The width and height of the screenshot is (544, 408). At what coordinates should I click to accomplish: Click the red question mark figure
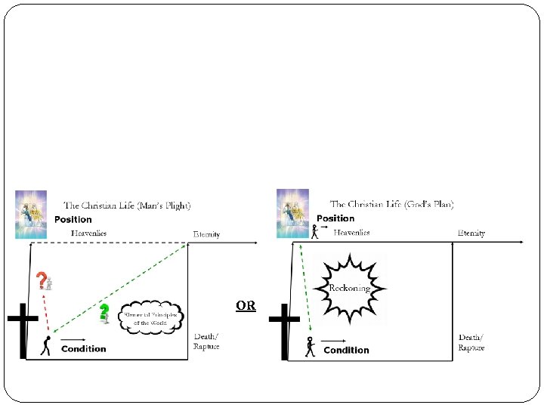point(44,281)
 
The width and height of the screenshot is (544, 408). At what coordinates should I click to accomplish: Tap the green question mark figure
point(104,312)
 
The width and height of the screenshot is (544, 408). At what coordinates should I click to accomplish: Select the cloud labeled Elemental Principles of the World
point(151,318)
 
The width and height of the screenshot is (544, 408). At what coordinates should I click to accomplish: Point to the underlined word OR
point(246,306)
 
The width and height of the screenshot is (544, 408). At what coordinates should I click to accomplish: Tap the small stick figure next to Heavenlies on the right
point(315,230)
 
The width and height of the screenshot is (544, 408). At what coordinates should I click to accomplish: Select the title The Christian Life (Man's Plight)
point(127,205)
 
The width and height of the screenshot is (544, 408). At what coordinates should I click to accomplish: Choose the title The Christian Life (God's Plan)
point(391,204)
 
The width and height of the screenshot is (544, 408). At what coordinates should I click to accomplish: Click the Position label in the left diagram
point(73,220)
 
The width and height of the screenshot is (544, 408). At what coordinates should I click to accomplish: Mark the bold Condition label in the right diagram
point(346,350)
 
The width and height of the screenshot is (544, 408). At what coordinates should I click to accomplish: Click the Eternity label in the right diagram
point(471,233)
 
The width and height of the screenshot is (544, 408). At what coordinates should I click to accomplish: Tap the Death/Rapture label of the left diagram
point(206,342)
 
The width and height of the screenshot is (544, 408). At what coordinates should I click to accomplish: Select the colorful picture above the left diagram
point(31,214)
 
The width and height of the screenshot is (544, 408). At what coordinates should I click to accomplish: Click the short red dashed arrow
point(47,312)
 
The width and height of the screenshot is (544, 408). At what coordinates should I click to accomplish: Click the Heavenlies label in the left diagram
point(89,233)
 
